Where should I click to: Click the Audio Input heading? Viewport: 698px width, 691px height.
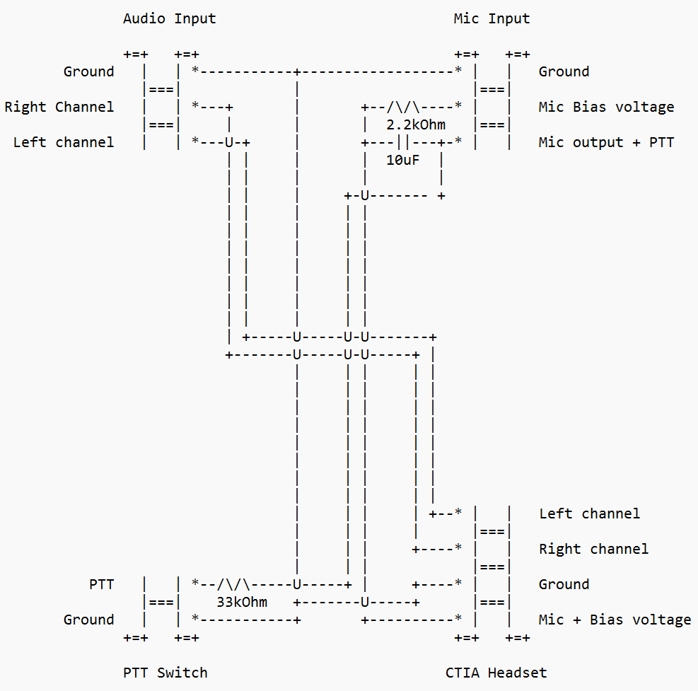(x=169, y=18)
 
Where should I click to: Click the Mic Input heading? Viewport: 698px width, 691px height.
(x=491, y=18)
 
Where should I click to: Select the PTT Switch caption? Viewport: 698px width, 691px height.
(x=165, y=673)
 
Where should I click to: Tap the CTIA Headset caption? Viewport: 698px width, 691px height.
(x=496, y=673)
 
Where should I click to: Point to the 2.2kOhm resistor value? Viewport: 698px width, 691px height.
(x=416, y=125)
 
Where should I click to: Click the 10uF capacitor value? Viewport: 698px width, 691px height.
(x=402, y=161)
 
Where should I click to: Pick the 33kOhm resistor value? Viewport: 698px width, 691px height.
(x=242, y=603)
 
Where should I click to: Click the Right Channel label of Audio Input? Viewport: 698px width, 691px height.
(x=59, y=107)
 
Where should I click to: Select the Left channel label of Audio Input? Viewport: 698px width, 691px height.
(x=63, y=142)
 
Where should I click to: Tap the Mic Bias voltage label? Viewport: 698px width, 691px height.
(x=606, y=107)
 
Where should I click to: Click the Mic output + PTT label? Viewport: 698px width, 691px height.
(x=606, y=142)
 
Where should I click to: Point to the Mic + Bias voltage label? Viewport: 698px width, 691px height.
(x=615, y=620)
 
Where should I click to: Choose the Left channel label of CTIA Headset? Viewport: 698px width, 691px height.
(x=589, y=513)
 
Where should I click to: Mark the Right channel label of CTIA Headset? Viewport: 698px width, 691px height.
(x=593, y=549)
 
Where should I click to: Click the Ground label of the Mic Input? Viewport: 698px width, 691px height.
(x=564, y=71)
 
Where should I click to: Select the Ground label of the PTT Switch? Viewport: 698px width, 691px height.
(x=88, y=620)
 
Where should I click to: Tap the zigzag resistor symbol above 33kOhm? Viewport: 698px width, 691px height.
(x=233, y=584)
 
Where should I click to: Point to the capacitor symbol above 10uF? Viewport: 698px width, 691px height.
(x=403, y=142)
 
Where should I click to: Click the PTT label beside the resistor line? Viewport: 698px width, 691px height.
(x=101, y=584)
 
